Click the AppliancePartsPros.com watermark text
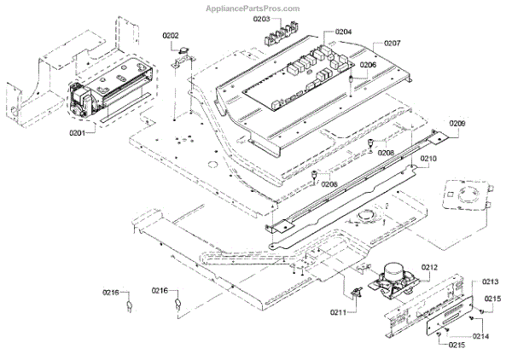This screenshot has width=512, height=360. [x=255, y=7]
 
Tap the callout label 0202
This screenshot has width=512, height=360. [x=171, y=36]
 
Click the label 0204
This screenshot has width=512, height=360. [x=344, y=32]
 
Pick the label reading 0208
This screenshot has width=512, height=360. [x=387, y=153]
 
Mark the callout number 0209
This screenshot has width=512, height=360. [x=457, y=124]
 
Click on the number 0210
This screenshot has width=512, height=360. [x=428, y=160]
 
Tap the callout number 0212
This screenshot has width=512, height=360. [x=428, y=269]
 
